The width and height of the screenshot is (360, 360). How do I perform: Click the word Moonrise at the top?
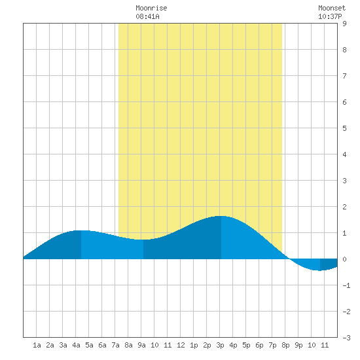(x=151, y=8)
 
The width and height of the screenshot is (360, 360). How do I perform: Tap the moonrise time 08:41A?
(x=147, y=16)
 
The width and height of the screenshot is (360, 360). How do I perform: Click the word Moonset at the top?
(x=332, y=8)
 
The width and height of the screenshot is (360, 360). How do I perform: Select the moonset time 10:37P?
(x=330, y=16)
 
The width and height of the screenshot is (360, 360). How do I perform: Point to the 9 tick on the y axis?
(x=344, y=24)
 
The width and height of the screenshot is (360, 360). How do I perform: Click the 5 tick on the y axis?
(x=344, y=128)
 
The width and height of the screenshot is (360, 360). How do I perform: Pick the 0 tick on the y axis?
(x=344, y=259)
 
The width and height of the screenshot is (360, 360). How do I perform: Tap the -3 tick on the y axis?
(x=346, y=338)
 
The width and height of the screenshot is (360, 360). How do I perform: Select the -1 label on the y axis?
(x=346, y=285)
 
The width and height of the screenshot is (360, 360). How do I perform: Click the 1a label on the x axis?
(x=37, y=345)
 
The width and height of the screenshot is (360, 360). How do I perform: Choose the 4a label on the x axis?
(x=76, y=345)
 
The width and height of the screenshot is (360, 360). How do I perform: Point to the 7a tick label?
(x=115, y=345)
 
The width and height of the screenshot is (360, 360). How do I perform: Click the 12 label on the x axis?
(x=181, y=345)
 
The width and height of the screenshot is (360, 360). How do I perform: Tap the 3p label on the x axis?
(x=220, y=345)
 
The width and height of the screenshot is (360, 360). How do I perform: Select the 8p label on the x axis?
(x=285, y=345)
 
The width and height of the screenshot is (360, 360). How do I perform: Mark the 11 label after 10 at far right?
(x=325, y=345)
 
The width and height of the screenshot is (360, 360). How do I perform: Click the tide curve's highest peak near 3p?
(x=221, y=216)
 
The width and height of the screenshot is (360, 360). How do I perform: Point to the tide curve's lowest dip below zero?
(x=320, y=270)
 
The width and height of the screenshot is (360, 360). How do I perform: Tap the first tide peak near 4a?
(x=81, y=230)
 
